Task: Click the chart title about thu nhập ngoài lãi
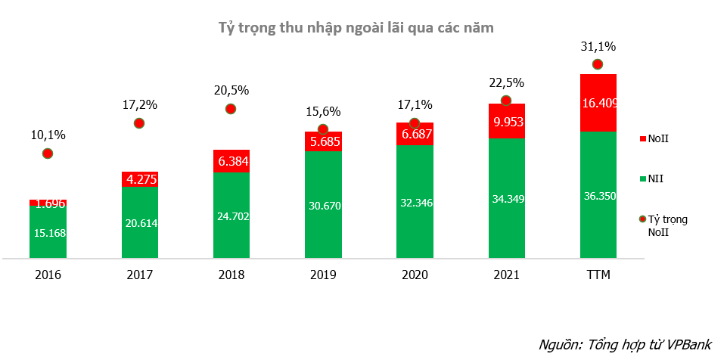click(x=356, y=29)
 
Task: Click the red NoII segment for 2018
click(x=231, y=161)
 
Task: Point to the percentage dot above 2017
click(x=138, y=123)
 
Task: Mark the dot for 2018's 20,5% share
click(x=231, y=109)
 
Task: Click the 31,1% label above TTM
click(x=598, y=46)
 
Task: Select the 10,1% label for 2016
click(x=48, y=135)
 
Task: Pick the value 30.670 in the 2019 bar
click(x=322, y=205)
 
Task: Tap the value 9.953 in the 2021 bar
click(x=506, y=121)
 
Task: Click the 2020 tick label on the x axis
click(x=414, y=275)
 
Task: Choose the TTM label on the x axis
click(x=598, y=275)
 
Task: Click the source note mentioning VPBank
click(x=625, y=344)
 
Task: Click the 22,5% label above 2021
click(x=506, y=82)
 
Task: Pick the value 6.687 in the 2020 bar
click(x=415, y=133)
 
